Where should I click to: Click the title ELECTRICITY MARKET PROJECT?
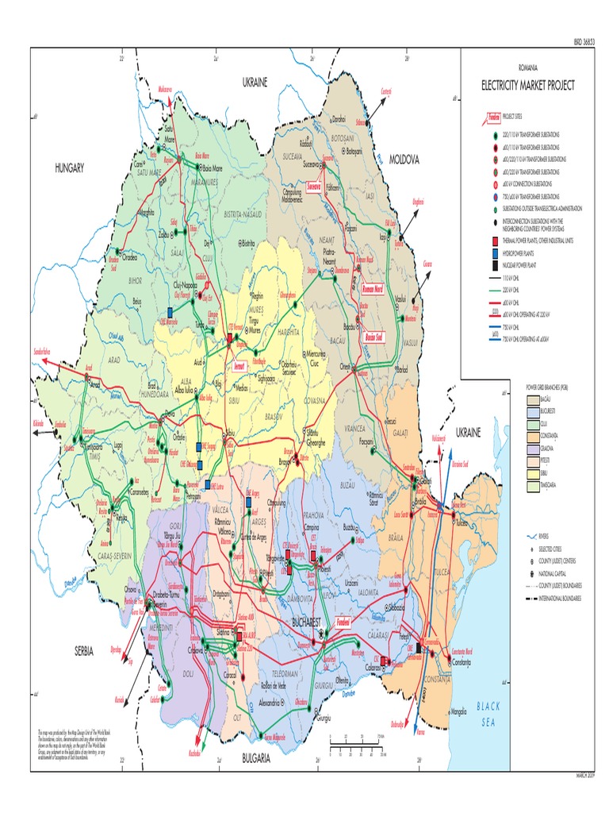(527, 85)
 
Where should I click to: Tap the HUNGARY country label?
(69, 168)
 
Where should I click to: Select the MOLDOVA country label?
(404, 160)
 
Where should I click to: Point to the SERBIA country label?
(84, 650)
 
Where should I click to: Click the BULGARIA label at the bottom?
(257, 759)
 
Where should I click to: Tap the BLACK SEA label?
(488, 711)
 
